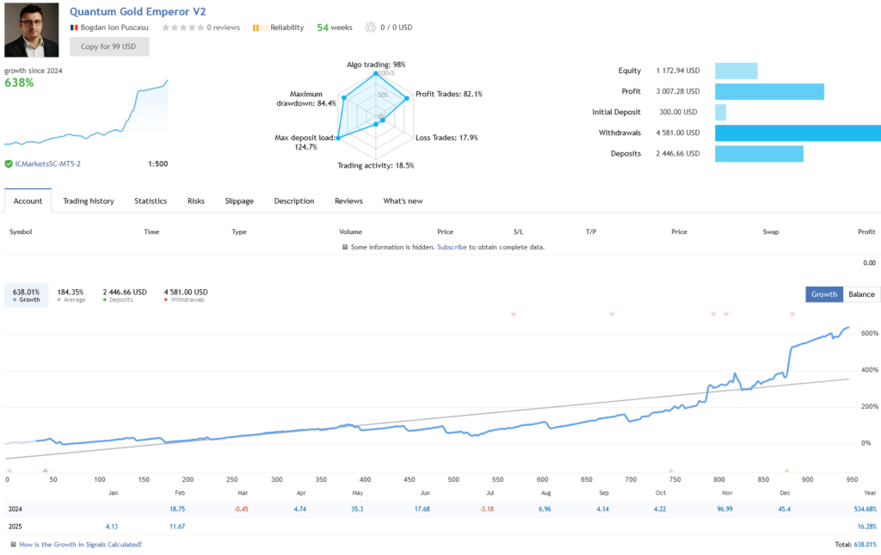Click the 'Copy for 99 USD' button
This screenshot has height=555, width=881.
pyautogui.click(x=109, y=46)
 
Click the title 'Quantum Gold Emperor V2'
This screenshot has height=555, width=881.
pyautogui.click(x=138, y=12)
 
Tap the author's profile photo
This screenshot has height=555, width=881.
pyautogui.click(x=32, y=29)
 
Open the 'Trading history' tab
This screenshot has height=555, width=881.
pyautogui.click(x=89, y=201)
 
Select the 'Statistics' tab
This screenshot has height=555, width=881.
pyautogui.click(x=151, y=201)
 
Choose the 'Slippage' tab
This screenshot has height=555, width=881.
pyautogui.click(x=239, y=201)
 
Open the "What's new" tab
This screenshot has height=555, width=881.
pyautogui.click(x=403, y=201)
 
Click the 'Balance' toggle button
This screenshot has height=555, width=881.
pyautogui.click(x=860, y=294)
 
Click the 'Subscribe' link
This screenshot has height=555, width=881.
pyautogui.click(x=452, y=247)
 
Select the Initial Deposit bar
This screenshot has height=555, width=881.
pyautogui.click(x=720, y=112)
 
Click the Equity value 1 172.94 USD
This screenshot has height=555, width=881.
pyautogui.click(x=677, y=71)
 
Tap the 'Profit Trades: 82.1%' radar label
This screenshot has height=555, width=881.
pyautogui.click(x=448, y=94)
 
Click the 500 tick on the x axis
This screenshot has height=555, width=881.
pyautogui.click(x=453, y=480)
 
